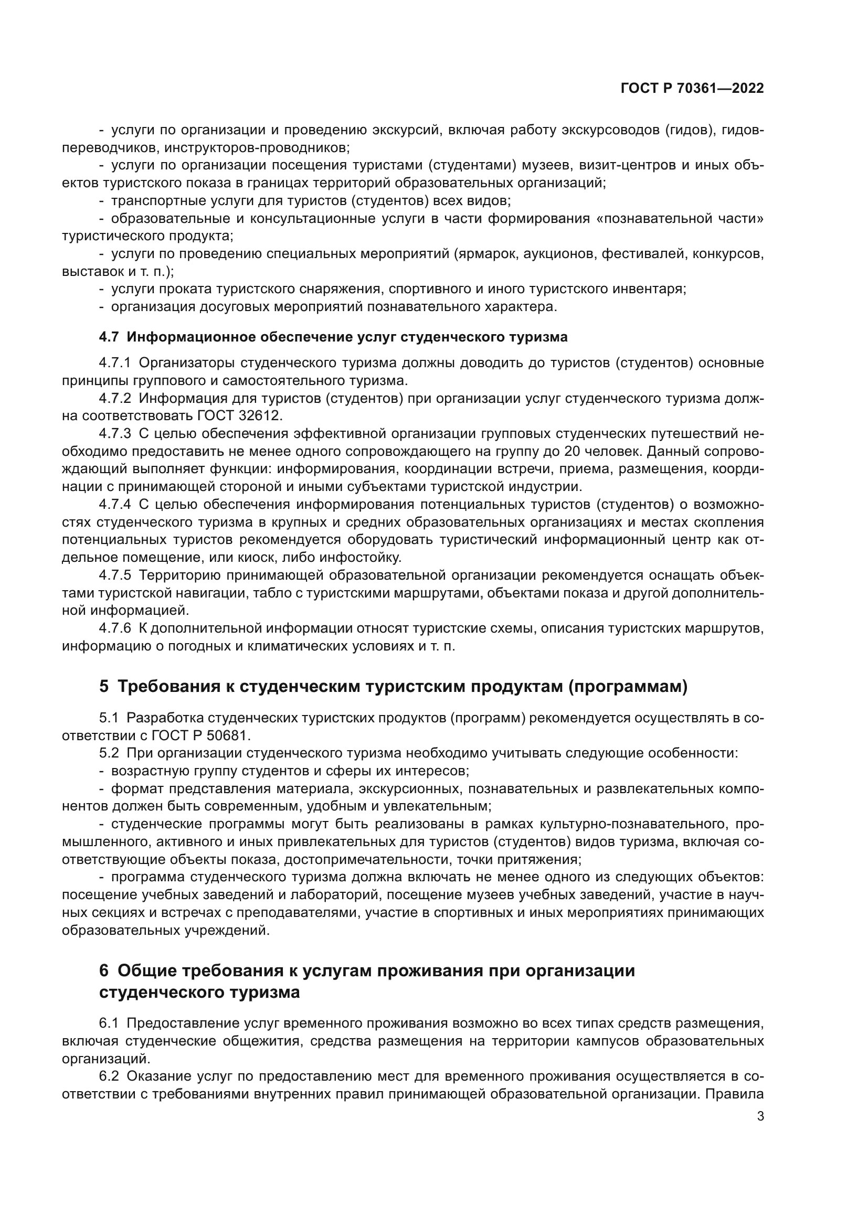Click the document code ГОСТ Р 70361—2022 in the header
coord(692,88)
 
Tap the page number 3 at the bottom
coord(760,1116)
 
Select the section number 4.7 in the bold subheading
coord(109,337)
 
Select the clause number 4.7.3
coord(115,433)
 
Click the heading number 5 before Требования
coord(104,686)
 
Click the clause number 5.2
coord(109,753)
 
